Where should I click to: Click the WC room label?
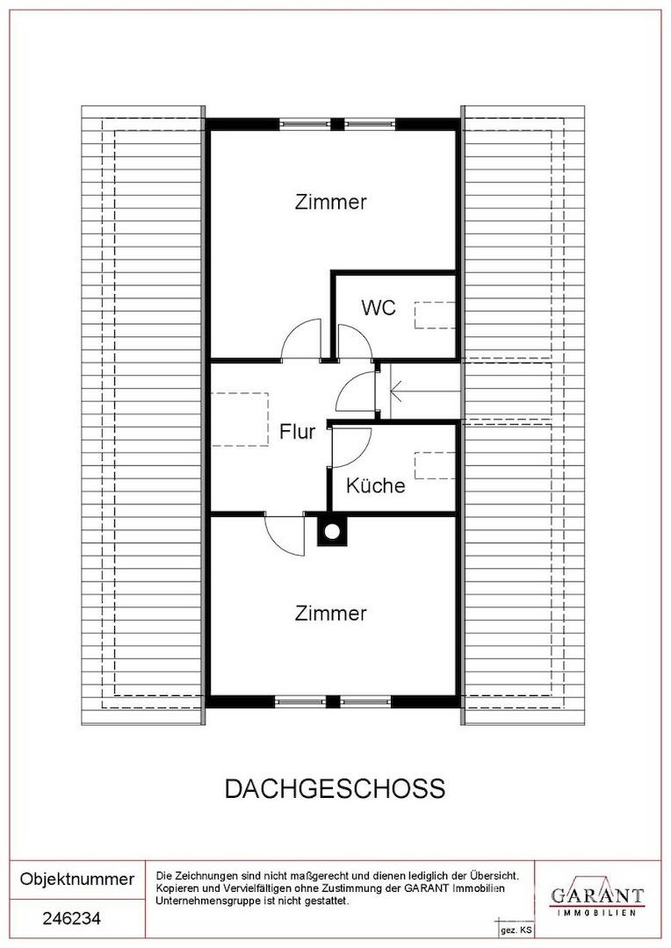click(x=379, y=308)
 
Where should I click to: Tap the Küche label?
click(x=375, y=485)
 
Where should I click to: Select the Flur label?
click(x=297, y=432)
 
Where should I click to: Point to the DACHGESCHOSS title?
click(x=335, y=788)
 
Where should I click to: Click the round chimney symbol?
click(x=332, y=530)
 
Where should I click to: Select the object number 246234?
click(x=72, y=919)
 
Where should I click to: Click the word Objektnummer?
click(x=77, y=879)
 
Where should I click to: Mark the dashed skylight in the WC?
click(x=434, y=314)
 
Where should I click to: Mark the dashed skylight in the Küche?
click(x=434, y=464)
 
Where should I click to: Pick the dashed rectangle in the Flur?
click(x=239, y=420)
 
